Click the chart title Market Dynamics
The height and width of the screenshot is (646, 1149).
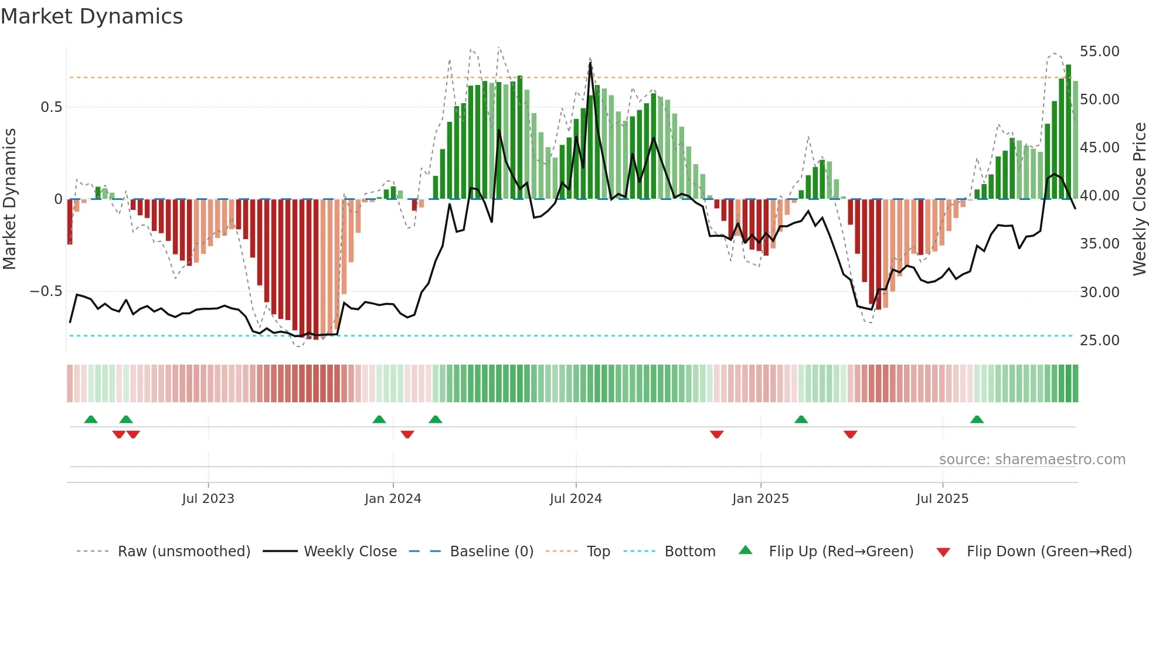tap(91, 16)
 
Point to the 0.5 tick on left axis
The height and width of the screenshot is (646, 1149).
tap(51, 107)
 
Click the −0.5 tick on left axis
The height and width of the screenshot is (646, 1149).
tap(46, 291)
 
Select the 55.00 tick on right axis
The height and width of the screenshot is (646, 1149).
tap(1099, 52)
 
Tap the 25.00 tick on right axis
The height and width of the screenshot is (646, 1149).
tap(1099, 341)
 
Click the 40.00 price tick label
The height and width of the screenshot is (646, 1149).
tap(1099, 196)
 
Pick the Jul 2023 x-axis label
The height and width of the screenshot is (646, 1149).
tap(208, 499)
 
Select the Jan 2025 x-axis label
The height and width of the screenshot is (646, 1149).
tap(760, 499)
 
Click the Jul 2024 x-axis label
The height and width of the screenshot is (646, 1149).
tap(576, 499)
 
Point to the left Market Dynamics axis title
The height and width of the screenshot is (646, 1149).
tap(9, 199)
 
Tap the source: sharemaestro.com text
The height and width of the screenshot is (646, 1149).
tap(1032, 460)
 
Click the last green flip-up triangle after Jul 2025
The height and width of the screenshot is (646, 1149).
tap(977, 420)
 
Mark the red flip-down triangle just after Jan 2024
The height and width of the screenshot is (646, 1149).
tap(407, 434)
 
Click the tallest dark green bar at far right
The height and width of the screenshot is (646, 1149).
tap(1068, 132)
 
